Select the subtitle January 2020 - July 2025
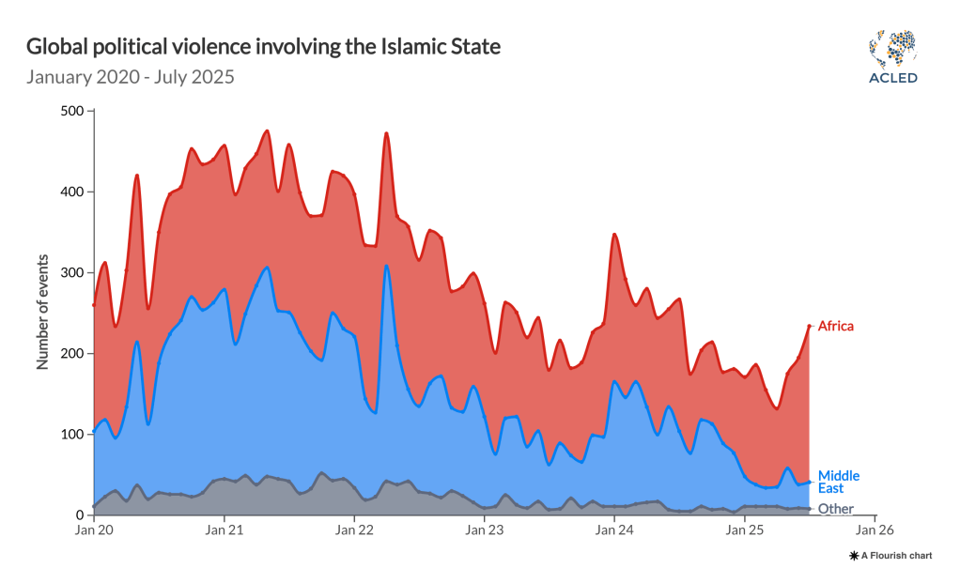[130, 76]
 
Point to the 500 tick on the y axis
[72, 111]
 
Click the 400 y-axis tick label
[72, 192]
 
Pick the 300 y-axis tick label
[72, 272]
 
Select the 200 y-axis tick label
[72, 353]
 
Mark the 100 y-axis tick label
[72, 434]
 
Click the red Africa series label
[836, 326]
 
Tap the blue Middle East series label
[838, 482]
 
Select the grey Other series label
[836, 509]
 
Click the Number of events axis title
[43, 312]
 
